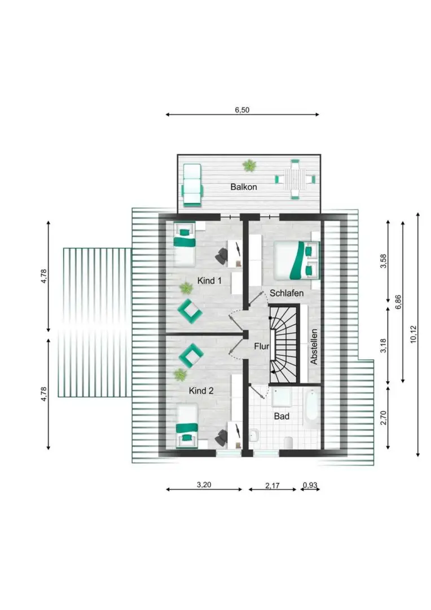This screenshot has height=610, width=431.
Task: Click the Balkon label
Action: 244,187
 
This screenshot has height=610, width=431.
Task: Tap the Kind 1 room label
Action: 209,281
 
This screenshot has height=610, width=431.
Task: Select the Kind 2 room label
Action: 201,391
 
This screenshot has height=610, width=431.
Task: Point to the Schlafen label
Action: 287,293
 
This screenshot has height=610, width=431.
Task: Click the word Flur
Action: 262,346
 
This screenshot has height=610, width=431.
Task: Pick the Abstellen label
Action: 314,347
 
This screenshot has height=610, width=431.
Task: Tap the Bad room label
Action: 282,416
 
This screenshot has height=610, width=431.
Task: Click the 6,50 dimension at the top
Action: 242,110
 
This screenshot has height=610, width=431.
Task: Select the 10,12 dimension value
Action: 413,334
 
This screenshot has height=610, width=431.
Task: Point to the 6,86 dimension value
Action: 398,302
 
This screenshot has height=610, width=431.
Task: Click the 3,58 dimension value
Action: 384,261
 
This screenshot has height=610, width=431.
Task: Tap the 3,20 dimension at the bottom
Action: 204,485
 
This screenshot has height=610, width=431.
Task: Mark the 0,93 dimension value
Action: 310,485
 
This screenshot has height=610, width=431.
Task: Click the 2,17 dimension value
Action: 272,486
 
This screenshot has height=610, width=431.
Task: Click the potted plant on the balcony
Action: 249,165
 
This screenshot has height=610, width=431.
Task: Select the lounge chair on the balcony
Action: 192,184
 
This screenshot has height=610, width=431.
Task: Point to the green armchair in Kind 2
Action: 191,355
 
